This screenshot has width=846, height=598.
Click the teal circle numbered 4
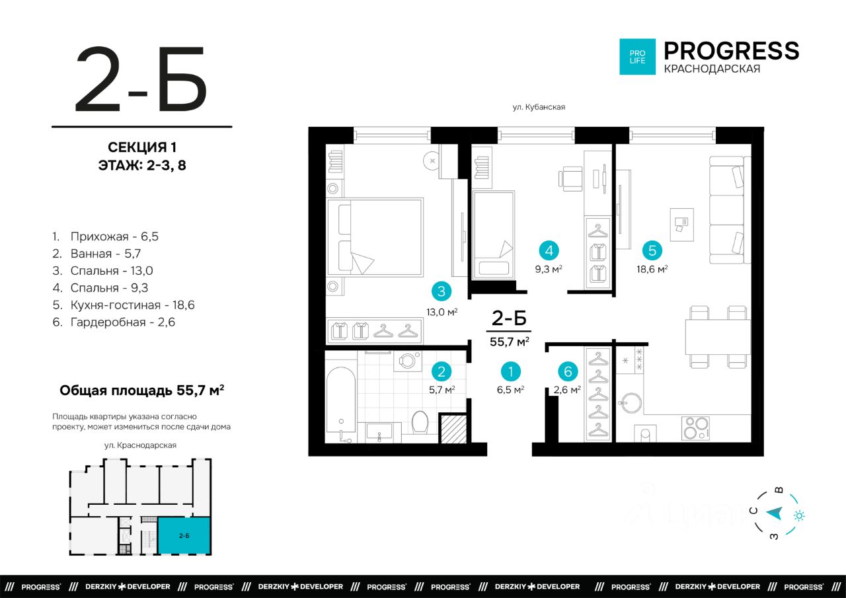549,250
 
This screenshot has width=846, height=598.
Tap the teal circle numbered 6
568,371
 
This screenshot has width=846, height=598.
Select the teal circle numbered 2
441,371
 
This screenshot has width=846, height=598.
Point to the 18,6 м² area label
652,269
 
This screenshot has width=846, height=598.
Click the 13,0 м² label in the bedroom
442,312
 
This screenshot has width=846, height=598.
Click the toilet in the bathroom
420,422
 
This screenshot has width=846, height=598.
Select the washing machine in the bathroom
408,361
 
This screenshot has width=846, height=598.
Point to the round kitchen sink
631,403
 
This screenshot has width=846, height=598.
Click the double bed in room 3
374,237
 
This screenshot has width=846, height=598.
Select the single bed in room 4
494,236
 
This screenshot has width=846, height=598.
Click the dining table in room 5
718,337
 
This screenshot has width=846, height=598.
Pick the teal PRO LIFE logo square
637,57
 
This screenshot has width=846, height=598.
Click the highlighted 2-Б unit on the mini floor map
184,535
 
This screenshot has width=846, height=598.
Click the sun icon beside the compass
799,515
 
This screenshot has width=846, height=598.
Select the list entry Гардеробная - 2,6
114,322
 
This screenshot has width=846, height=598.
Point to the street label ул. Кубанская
539,107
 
